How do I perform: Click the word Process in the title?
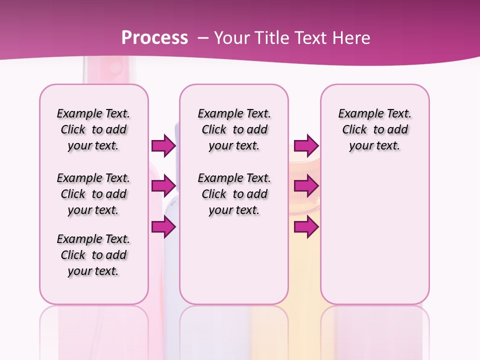tap(154, 37)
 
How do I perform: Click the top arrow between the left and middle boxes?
tap(163, 145)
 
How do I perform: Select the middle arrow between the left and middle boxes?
tap(163, 186)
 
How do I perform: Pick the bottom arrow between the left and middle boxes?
tap(163, 227)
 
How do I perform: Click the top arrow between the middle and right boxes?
tap(306, 145)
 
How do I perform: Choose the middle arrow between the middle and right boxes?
tap(306, 186)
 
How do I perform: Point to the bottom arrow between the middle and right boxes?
tap(306, 227)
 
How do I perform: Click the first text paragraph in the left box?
tap(93, 129)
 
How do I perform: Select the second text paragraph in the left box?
tap(93, 194)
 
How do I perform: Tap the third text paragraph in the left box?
tap(93, 255)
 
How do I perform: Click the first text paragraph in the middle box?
tap(234, 129)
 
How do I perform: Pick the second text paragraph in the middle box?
tap(234, 194)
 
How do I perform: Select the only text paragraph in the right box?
tap(374, 129)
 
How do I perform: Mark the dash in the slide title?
tap(202, 37)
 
